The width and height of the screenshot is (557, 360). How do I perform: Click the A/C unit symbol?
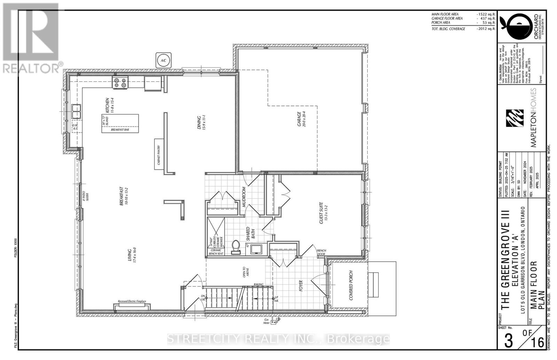(x=163, y=60)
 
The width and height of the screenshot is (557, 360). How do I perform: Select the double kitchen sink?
(x=76, y=112)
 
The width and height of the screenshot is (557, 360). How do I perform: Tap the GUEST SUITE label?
(x=321, y=213)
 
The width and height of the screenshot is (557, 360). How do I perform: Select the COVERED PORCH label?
(x=351, y=285)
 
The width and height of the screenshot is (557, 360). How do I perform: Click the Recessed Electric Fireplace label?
(x=132, y=301)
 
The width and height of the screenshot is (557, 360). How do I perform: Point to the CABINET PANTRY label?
(x=159, y=155)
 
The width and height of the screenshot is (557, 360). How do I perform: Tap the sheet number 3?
(x=509, y=341)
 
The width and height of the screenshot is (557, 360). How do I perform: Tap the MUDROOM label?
(x=244, y=197)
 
